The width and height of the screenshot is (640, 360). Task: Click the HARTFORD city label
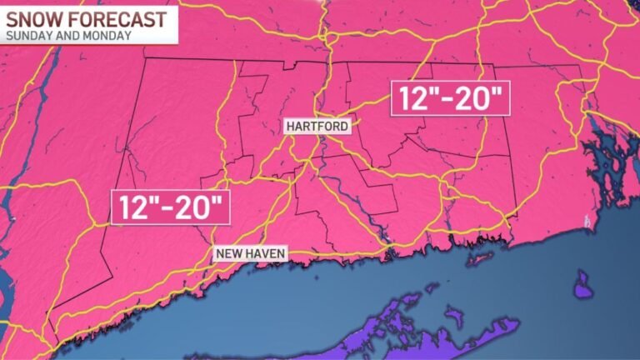(x=317, y=127)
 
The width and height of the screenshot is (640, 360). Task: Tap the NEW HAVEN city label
(x=250, y=253)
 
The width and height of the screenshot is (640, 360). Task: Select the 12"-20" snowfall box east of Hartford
(x=450, y=98)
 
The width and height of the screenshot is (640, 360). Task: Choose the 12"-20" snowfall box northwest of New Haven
(x=170, y=207)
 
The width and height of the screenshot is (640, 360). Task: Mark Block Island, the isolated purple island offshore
(x=582, y=289)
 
